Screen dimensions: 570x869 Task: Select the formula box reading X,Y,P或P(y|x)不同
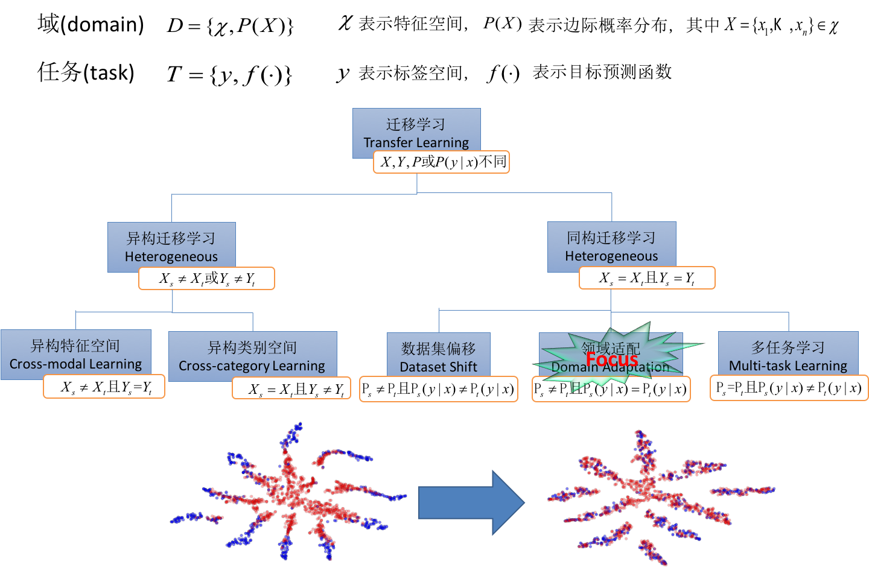click(442, 162)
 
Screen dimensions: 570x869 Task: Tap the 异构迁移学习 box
click(171, 244)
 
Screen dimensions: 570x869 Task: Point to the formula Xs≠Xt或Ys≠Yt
click(206, 279)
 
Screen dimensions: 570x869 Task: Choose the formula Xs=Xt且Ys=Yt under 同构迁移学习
click(647, 278)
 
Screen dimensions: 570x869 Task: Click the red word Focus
click(611, 359)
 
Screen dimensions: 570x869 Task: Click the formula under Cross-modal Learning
click(104, 387)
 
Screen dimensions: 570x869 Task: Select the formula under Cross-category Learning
click(291, 389)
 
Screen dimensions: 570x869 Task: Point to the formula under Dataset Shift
click(439, 390)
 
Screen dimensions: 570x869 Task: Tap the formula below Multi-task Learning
click(789, 388)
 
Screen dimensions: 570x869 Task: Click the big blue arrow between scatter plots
click(471, 502)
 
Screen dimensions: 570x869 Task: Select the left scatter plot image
click(290, 492)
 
